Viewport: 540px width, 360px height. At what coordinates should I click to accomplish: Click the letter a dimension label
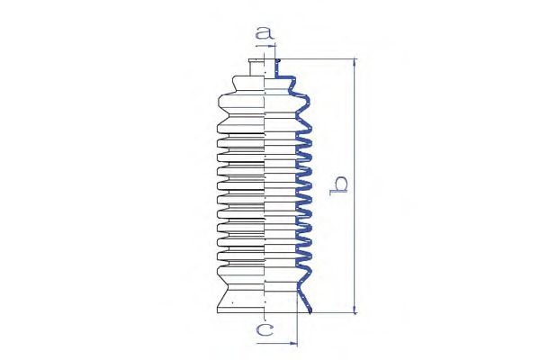[265, 33]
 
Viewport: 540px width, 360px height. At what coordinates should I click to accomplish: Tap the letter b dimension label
[338, 186]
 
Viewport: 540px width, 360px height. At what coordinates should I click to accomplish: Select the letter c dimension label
[265, 329]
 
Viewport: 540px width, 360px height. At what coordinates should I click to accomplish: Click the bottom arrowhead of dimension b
[355, 309]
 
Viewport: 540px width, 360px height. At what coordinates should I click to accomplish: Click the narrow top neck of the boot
[256, 67]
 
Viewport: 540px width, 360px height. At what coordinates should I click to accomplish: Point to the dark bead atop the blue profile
[278, 61]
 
